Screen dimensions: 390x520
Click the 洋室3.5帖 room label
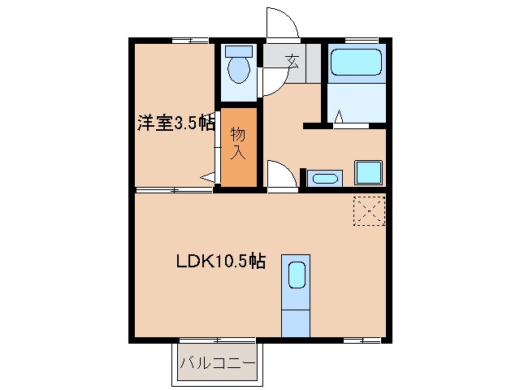click(175, 123)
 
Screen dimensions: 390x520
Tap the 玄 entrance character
click(292, 58)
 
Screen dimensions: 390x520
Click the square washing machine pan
click(368, 173)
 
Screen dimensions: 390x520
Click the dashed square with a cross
click(369, 210)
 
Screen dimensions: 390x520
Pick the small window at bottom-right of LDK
click(362, 338)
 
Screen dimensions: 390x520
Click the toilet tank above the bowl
click(238, 51)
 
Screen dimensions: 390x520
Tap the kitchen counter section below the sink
click(296, 322)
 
